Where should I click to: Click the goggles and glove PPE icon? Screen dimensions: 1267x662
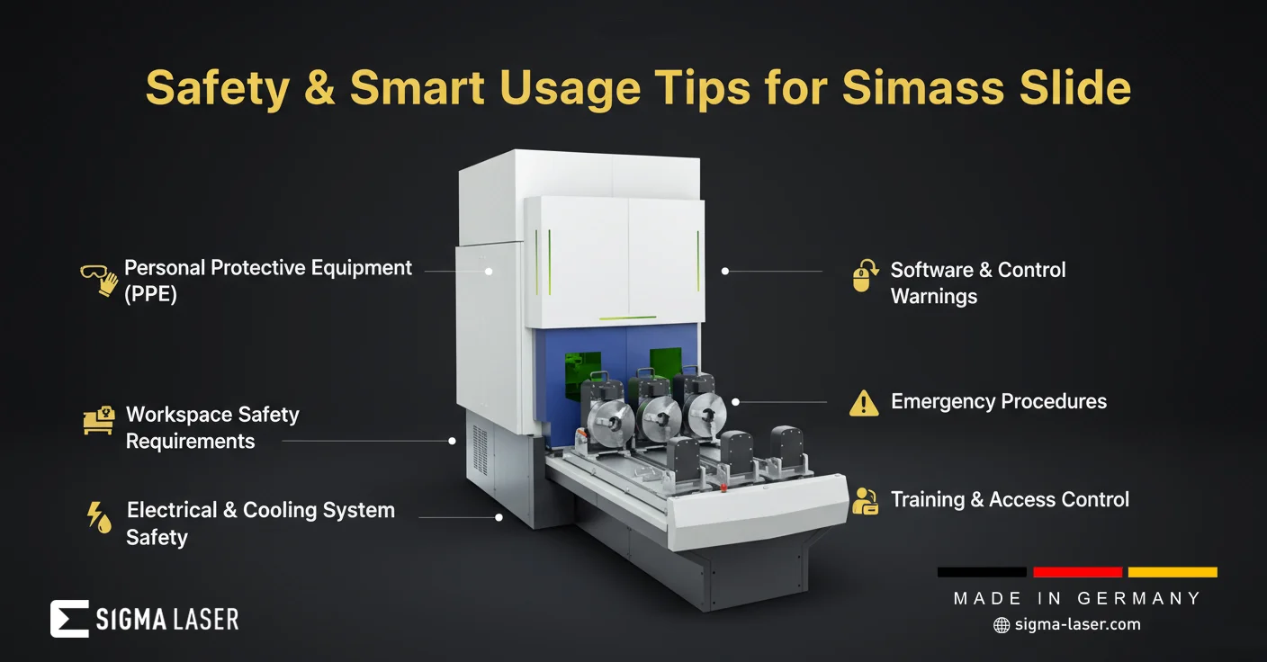(x=100, y=280)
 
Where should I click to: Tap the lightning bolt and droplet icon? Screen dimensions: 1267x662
(x=100, y=517)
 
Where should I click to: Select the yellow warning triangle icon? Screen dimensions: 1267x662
(x=864, y=403)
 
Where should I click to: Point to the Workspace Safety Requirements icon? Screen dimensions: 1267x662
(x=99, y=420)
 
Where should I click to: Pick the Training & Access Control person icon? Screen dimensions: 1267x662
(x=866, y=501)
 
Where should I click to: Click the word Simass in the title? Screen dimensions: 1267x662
(x=925, y=88)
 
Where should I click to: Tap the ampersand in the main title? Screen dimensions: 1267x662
(x=319, y=87)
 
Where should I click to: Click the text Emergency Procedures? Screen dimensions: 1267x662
(x=998, y=401)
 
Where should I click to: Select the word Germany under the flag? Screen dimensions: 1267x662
(x=1138, y=598)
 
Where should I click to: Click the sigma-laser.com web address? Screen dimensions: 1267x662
(x=1077, y=625)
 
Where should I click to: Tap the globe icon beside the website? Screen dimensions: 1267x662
(x=1002, y=625)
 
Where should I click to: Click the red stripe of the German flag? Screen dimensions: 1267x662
(x=1077, y=572)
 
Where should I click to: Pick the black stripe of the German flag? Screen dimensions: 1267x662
(x=982, y=572)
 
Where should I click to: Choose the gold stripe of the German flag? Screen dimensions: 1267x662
(x=1173, y=572)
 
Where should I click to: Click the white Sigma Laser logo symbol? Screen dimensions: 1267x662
(x=69, y=619)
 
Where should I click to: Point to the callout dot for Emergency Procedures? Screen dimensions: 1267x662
(x=735, y=402)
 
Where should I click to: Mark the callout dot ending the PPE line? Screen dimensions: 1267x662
(x=488, y=272)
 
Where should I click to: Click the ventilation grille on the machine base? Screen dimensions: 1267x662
(x=480, y=451)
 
